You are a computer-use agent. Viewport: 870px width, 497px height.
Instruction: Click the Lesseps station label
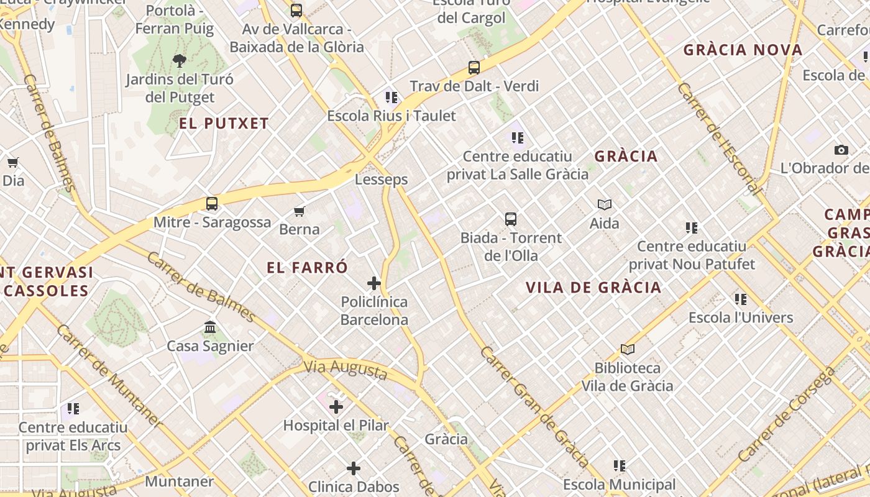coord(381,180)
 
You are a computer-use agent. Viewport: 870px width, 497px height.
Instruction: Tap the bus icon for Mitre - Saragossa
coord(212,203)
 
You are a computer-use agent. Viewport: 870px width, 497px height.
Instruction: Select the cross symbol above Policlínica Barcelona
coord(374,283)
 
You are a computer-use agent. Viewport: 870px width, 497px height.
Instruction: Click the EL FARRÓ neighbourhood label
coord(307,268)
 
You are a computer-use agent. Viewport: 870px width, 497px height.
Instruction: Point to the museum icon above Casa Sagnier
coord(210,327)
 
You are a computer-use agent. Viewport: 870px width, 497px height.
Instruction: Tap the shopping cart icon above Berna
coord(300,211)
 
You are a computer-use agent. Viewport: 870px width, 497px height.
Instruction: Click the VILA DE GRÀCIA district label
coord(593,288)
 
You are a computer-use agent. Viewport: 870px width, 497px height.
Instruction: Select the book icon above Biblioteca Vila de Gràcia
coord(628,350)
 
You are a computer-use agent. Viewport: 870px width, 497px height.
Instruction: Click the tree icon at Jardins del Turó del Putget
coord(180,61)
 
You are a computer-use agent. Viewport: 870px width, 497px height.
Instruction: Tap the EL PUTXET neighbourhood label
coord(224,124)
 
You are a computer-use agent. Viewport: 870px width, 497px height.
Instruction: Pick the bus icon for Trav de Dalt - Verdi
coord(474,68)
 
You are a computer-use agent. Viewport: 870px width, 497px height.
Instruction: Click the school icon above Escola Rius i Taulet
coord(391,98)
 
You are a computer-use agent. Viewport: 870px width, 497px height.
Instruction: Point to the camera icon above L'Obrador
coord(841,150)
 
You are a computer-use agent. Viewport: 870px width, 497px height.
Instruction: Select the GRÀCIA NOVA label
coord(743,50)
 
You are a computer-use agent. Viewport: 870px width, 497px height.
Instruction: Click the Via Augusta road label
coord(345,369)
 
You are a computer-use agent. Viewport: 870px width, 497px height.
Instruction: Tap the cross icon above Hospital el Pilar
coord(336,407)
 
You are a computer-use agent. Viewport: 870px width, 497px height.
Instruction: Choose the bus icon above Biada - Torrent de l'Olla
coord(511,219)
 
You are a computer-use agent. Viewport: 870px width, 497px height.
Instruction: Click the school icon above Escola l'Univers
coord(741,299)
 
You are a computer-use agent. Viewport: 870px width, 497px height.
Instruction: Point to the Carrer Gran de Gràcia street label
coord(534,407)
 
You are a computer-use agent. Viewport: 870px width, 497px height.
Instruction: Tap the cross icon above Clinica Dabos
coord(354,468)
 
